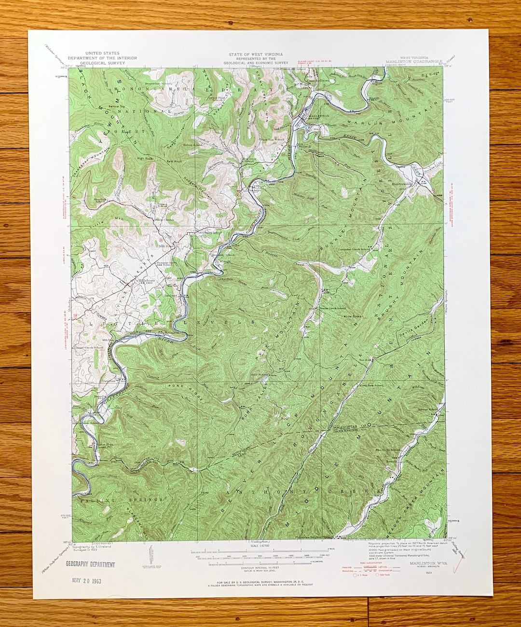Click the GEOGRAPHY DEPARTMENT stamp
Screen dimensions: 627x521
coord(90,564)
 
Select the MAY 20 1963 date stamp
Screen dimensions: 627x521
coord(86,580)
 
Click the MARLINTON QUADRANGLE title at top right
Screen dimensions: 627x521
coord(413,62)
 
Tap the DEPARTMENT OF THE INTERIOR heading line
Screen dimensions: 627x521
coord(102,58)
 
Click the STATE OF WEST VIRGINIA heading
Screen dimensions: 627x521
coord(256,55)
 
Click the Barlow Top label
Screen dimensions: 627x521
coord(117,106)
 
